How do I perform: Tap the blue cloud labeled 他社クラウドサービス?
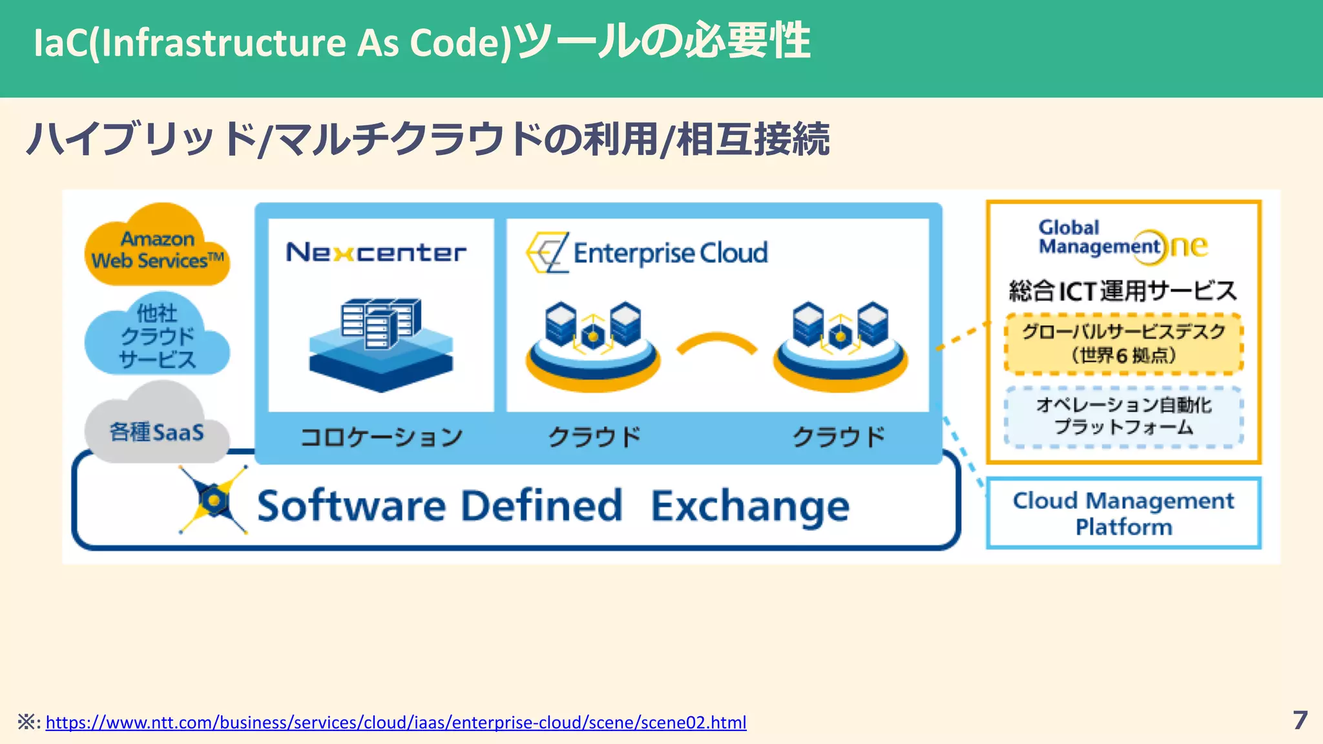pos(157,336)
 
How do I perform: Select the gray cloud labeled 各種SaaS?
pos(157,429)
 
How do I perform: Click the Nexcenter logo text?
pos(376,253)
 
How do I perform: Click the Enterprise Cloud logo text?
pos(670,253)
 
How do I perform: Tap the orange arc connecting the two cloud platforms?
pos(716,342)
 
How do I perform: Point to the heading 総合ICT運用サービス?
pos(1123,291)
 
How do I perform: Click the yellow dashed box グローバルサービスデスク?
pos(1123,344)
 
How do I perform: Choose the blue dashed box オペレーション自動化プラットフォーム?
pos(1123,417)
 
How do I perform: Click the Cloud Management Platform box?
pos(1123,513)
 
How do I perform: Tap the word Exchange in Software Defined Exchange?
pos(749,506)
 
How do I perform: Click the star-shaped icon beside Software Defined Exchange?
pos(214,500)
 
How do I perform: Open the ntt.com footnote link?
pos(396,722)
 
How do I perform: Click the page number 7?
pos(1300,720)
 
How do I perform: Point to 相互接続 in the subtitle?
pos(753,139)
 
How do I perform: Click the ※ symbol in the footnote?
pos(26,722)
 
